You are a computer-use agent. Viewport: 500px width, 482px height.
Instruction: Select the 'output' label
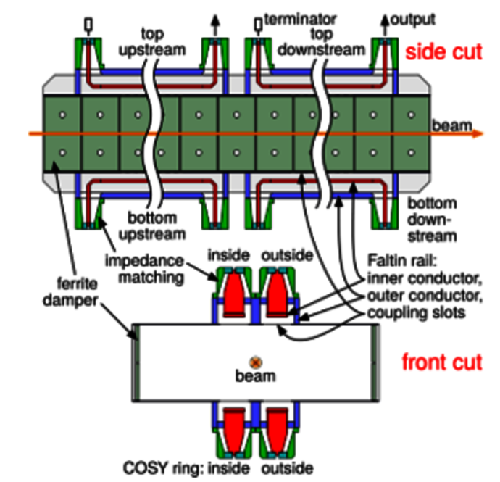(x=412, y=17)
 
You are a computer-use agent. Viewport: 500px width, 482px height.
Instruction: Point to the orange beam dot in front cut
(x=255, y=362)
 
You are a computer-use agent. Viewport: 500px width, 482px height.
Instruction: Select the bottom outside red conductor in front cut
(x=278, y=427)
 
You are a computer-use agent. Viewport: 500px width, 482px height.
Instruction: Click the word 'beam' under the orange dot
(x=255, y=376)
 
